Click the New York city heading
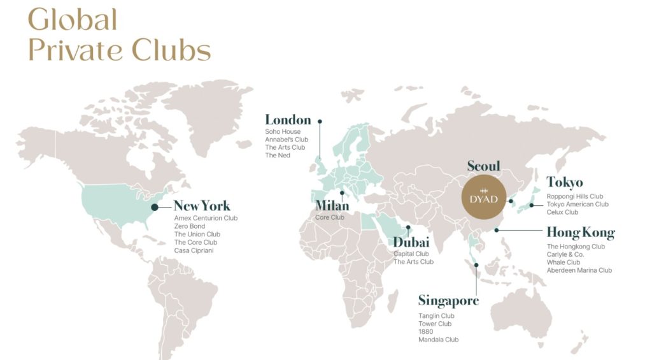(x=202, y=206)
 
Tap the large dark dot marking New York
(x=155, y=206)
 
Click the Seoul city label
(x=484, y=166)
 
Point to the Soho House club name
(x=283, y=132)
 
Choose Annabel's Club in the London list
(x=287, y=140)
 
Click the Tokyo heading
(x=565, y=183)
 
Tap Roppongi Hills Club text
(x=575, y=196)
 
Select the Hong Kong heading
(x=581, y=232)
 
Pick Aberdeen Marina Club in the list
(x=579, y=270)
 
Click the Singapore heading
(x=448, y=301)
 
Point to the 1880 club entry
(x=425, y=331)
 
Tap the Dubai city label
(x=411, y=242)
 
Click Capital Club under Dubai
(x=411, y=254)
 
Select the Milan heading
(x=332, y=206)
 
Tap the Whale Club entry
(x=563, y=262)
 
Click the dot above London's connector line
(x=320, y=120)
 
